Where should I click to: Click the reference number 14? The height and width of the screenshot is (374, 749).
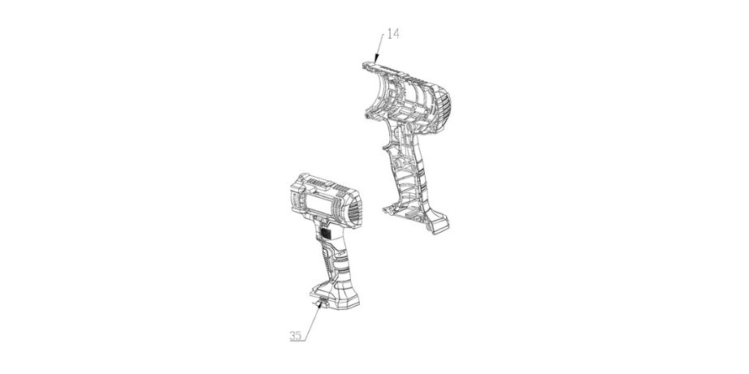click(x=392, y=34)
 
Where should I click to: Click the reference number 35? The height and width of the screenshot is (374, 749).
click(x=296, y=336)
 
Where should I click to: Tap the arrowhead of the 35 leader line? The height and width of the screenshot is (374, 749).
click(x=321, y=304)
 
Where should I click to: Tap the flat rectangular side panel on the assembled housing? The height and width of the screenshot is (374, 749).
click(x=318, y=201)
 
